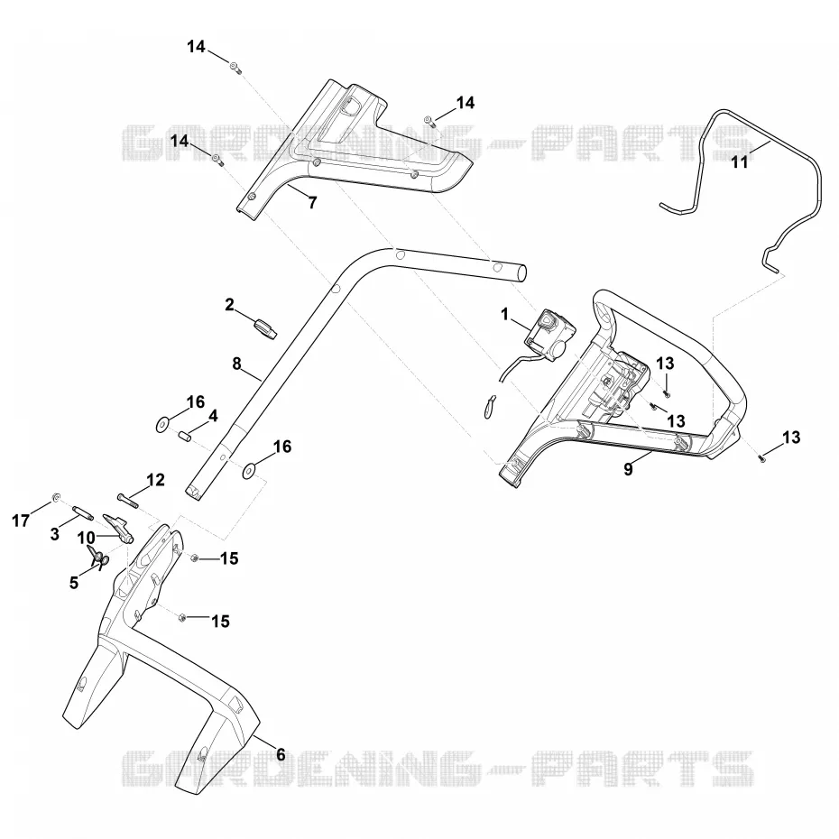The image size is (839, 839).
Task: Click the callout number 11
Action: click(x=740, y=161)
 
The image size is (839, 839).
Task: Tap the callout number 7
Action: click(x=312, y=202)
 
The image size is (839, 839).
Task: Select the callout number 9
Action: click(x=628, y=469)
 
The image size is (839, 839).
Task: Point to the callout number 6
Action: click(x=281, y=754)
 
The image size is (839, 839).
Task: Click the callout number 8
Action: click(x=236, y=364)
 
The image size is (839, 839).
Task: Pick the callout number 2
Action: click(x=229, y=305)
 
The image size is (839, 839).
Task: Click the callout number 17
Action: click(x=21, y=521)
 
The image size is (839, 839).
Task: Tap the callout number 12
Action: click(x=156, y=480)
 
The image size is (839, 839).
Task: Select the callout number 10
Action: click(x=86, y=537)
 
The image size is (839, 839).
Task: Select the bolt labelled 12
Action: click(x=128, y=500)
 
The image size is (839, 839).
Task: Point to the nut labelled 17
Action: click(x=55, y=497)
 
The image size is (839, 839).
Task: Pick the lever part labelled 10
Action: click(x=119, y=526)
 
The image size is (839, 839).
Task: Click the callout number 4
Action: click(x=213, y=416)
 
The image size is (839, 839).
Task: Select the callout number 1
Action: click(x=504, y=315)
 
